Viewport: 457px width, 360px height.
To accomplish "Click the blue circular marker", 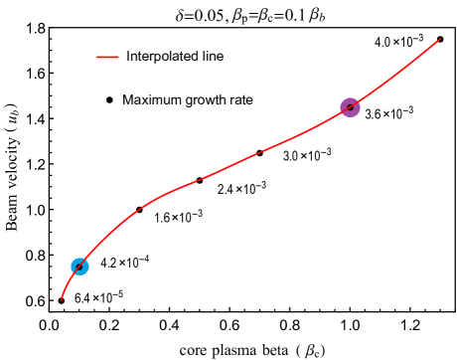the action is (x=79, y=267).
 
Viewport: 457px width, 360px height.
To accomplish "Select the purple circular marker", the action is (x=350, y=107).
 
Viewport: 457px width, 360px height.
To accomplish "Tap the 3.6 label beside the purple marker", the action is (x=371, y=114).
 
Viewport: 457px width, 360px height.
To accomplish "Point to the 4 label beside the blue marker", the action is (x=101, y=264).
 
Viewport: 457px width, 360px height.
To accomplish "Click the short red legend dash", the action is (x=107, y=57).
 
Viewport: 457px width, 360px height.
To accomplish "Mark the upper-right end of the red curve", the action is (x=440, y=40).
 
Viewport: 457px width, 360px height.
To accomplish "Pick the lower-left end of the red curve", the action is (x=62, y=298).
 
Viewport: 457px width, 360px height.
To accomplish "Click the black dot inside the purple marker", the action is (x=350, y=107).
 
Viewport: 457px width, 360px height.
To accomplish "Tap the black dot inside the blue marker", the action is (x=79, y=267).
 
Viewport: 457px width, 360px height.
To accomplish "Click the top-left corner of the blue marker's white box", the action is (x=56, y=245).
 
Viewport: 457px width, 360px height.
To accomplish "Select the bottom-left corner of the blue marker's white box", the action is (x=56, y=288).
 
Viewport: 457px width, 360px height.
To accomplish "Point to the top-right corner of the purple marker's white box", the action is (x=378, y=84).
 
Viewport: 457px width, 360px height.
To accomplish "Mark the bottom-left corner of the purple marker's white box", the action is (x=324, y=131).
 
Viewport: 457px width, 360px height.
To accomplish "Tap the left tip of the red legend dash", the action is (x=96, y=57).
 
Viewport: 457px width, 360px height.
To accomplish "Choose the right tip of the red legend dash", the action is (x=119, y=57).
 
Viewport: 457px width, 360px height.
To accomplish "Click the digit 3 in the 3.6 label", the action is (x=368, y=114).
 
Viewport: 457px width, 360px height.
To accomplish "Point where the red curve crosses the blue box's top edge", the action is (x=96, y=245).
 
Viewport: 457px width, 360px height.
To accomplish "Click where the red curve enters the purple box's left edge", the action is (x=324, y=121).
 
